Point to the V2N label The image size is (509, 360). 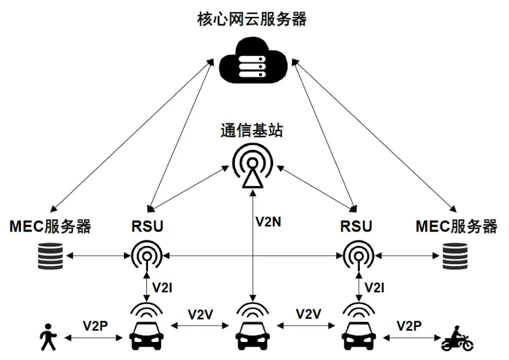click(x=268, y=221)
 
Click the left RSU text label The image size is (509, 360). click(x=147, y=226)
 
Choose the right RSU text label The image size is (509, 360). click(x=356, y=226)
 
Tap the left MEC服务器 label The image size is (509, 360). click(x=50, y=226)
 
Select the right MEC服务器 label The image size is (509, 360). click(x=456, y=226)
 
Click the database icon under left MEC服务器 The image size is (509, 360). click(x=50, y=256)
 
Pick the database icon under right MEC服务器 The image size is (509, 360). click(x=455, y=256)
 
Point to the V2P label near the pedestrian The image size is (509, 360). click(x=95, y=326)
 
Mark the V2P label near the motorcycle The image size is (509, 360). click(x=409, y=326)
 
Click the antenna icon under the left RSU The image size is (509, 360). click(x=147, y=255)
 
